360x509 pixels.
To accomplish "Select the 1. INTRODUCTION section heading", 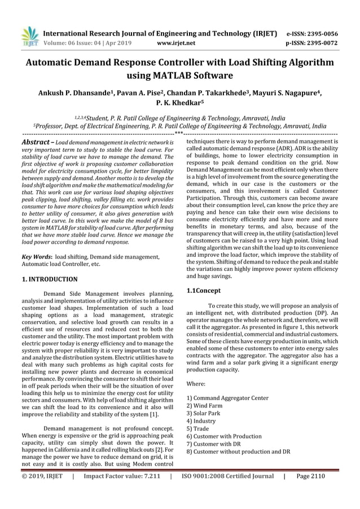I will click(50, 279).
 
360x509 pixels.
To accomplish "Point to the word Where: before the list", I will click(195, 383).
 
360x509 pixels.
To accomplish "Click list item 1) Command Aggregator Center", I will click(227, 398).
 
